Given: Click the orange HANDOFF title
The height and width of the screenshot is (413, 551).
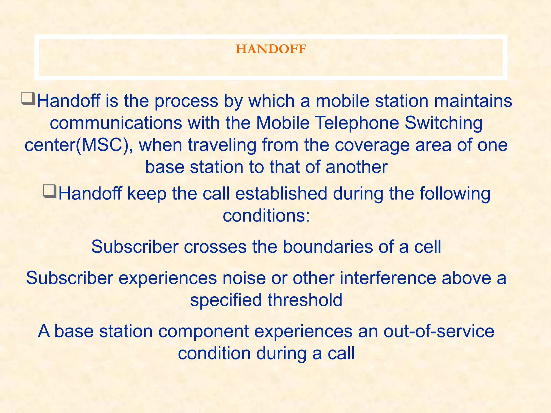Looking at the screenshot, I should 271,49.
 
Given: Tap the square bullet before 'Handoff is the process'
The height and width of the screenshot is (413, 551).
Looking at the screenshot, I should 28,98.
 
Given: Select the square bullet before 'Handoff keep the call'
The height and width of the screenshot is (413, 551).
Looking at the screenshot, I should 50,191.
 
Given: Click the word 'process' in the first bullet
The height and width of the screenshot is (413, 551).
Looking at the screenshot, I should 186,101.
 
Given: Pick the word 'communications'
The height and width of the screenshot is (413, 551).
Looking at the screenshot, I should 116,123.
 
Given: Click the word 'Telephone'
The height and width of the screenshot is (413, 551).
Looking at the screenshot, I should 357,123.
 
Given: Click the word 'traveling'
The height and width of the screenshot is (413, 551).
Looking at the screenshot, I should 222,145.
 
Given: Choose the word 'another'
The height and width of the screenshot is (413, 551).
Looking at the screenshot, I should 356,167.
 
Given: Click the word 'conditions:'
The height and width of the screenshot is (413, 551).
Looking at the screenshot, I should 266,216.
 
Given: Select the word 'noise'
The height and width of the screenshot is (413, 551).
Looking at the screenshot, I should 244,278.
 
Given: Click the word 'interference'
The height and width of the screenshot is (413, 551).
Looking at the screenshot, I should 388,278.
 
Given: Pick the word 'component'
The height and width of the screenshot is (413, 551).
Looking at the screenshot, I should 203,331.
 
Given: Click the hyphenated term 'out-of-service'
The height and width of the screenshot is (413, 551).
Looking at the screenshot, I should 439,331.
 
